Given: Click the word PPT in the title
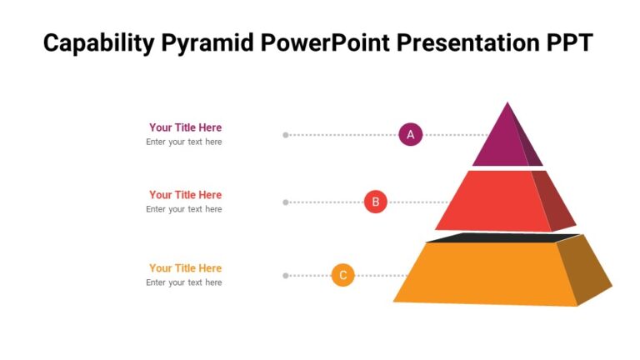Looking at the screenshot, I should [x=567, y=43].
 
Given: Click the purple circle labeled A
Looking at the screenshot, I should [x=410, y=134].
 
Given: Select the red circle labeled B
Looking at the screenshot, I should [x=375, y=202].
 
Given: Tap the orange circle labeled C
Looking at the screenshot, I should [x=342, y=275].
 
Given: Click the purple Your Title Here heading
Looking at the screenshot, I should [x=185, y=127].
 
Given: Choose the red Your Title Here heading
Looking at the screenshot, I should [x=185, y=195].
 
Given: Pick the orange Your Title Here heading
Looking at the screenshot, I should [x=185, y=268].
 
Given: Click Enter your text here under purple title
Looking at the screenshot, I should [x=183, y=142].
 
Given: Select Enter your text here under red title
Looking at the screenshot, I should [x=183, y=209].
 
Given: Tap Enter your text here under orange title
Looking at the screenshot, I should [x=183, y=282].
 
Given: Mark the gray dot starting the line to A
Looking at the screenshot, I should [x=286, y=134].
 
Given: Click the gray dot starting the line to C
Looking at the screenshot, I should [x=286, y=275].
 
